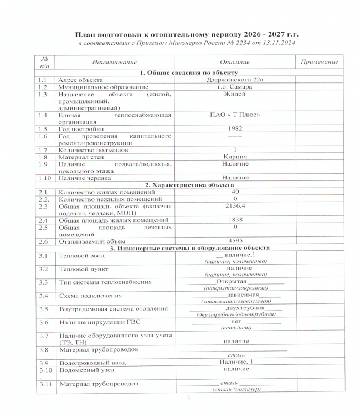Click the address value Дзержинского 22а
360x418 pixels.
point(235,80)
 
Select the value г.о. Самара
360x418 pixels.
point(235,87)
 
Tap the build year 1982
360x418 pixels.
point(235,128)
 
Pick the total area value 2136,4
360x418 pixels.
point(235,205)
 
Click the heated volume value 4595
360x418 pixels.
point(235,241)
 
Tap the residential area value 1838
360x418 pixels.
point(235,220)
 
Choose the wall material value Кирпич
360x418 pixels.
point(235,157)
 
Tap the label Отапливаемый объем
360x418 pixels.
point(92,241)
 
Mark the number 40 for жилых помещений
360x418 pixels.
point(235,192)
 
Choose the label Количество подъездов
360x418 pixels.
point(94,150)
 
